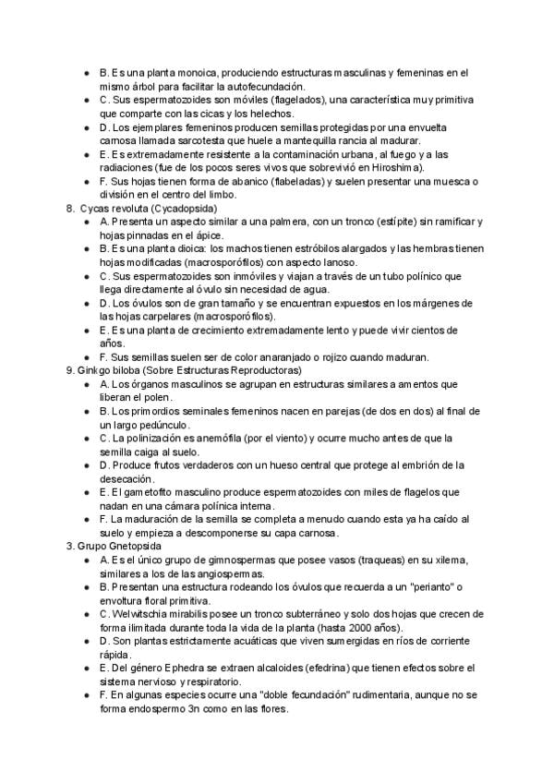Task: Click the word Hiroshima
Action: [398, 168]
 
